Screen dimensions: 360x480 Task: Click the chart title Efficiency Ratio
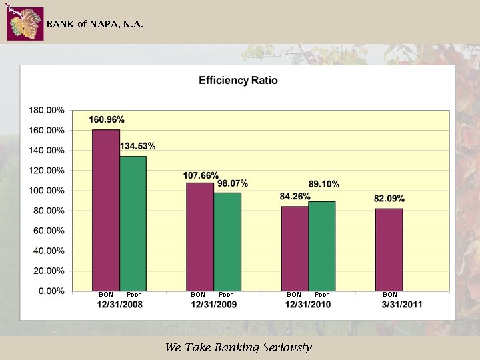point(238,81)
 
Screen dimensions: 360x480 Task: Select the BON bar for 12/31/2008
point(106,210)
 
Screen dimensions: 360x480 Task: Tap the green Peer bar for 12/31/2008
point(133,223)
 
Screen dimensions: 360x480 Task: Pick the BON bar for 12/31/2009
point(200,237)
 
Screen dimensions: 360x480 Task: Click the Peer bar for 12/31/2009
point(227,241)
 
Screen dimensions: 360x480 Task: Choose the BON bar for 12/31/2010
point(294,249)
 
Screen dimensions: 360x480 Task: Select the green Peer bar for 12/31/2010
point(321,246)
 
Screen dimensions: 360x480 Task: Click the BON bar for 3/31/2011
point(389,249)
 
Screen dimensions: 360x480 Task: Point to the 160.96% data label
point(107,119)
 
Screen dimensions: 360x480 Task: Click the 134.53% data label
point(138,146)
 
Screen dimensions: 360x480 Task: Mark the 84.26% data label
point(295,197)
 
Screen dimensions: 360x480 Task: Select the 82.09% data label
point(389,199)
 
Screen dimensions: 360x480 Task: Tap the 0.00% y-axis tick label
point(51,291)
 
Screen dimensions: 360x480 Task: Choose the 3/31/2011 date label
point(401,304)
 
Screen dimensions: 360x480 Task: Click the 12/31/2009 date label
point(213,304)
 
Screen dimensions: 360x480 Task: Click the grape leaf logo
point(25,24)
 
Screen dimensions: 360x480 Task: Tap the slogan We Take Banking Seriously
point(238,347)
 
